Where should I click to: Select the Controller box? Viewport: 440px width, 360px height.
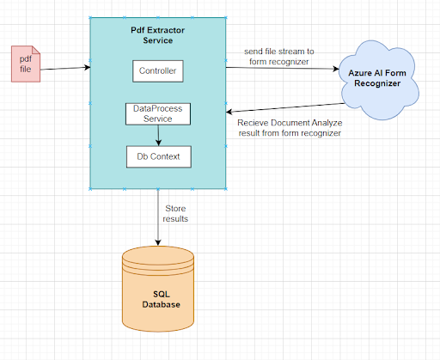point(158,70)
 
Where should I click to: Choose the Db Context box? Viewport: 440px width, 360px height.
point(158,156)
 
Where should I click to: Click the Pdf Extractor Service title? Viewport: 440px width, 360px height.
point(158,35)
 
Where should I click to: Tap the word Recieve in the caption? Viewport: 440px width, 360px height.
point(254,122)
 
